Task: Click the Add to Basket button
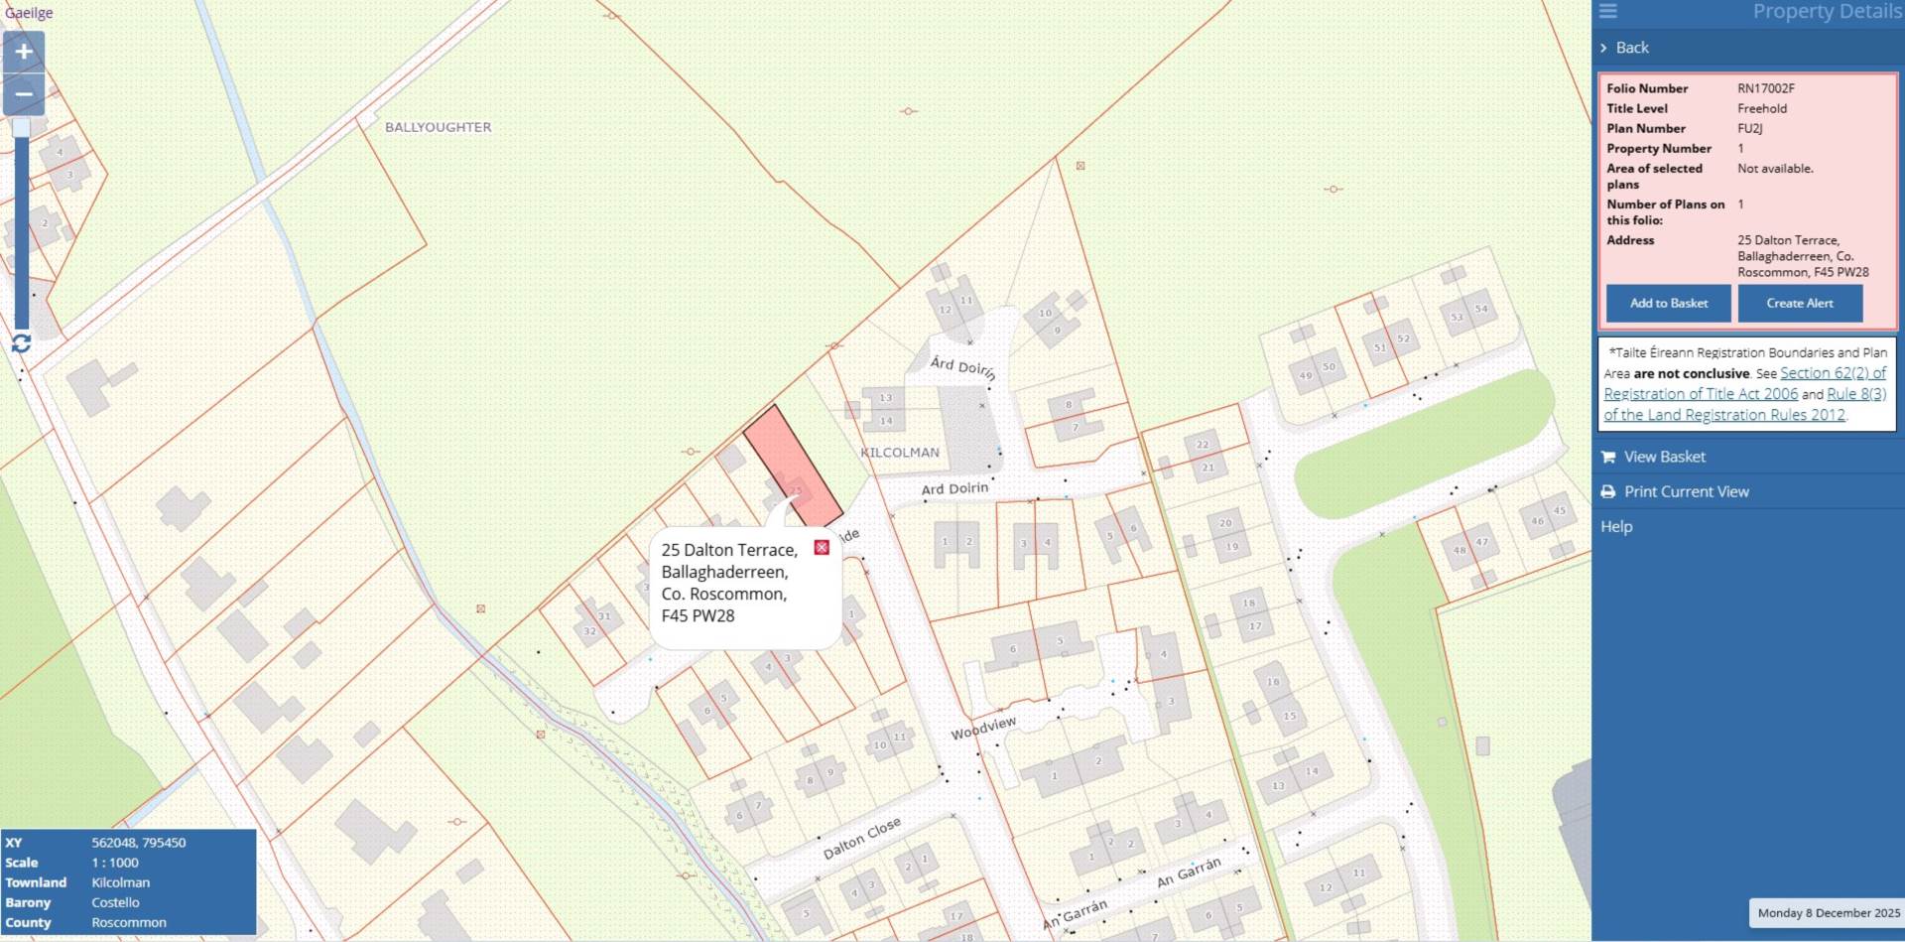coord(1668,303)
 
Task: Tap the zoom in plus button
coord(24,52)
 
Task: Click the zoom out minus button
coord(24,94)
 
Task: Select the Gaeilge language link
coord(29,13)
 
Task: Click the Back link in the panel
coord(1631,48)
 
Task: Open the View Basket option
coord(1664,457)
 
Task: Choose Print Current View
coord(1686,491)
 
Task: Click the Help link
coord(1615,526)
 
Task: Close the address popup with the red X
coord(822,548)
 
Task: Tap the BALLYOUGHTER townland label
coord(438,127)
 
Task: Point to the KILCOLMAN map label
coord(899,453)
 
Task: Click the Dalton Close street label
coord(861,839)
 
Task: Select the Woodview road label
coord(983,728)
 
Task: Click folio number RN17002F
coord(1765,88)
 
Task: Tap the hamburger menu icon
coord(1608,11)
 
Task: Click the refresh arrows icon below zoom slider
coord(22,343)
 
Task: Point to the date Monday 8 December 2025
coord(1828,912)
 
